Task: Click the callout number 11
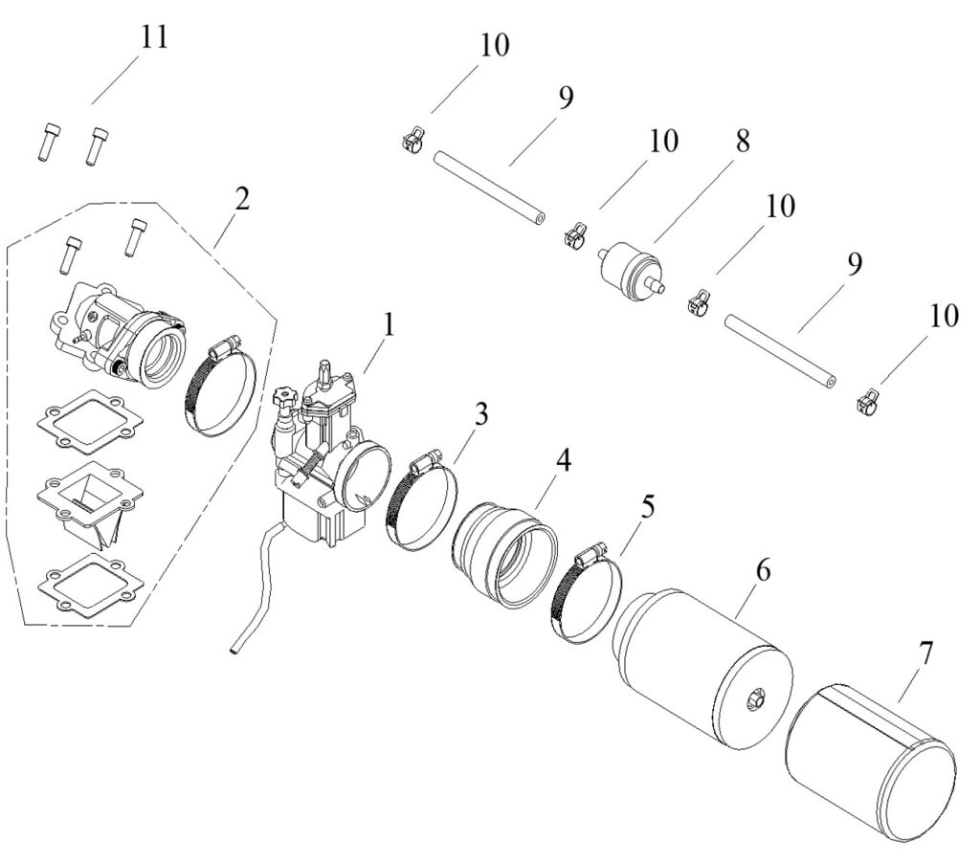pyautogui.click(x=154, y=38)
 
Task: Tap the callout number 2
pyautogui.click(x=242, y=199)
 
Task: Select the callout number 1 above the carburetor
pyautogui.click(x=389, y=324)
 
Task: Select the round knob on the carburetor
pyautogui.click(x=283, y=397)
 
